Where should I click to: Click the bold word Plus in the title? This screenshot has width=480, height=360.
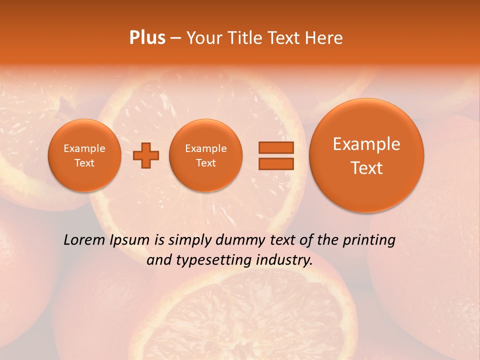point(147,37)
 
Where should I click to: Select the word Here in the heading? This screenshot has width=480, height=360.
point(324,37)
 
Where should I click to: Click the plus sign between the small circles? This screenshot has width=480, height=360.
point(146,155)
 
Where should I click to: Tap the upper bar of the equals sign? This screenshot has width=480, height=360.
point(275,147)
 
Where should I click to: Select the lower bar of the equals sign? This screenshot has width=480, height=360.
point(275,163)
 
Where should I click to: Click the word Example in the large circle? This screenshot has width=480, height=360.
point(366,144)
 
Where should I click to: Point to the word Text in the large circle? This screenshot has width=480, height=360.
point(366,168)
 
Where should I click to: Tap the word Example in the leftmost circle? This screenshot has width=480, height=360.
point(84,148)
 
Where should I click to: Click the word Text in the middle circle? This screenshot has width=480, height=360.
point(206,163)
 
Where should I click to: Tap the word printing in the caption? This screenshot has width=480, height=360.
point(369,240)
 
